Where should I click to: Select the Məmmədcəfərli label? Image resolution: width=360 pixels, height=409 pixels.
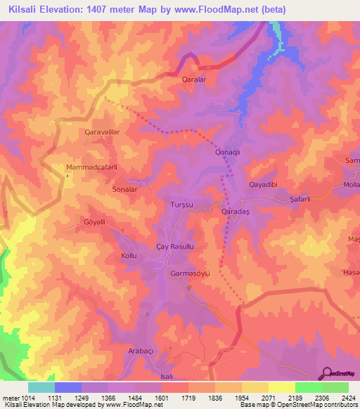pos(90,167)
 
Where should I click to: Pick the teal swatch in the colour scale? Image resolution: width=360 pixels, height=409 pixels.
pos(41,387)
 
